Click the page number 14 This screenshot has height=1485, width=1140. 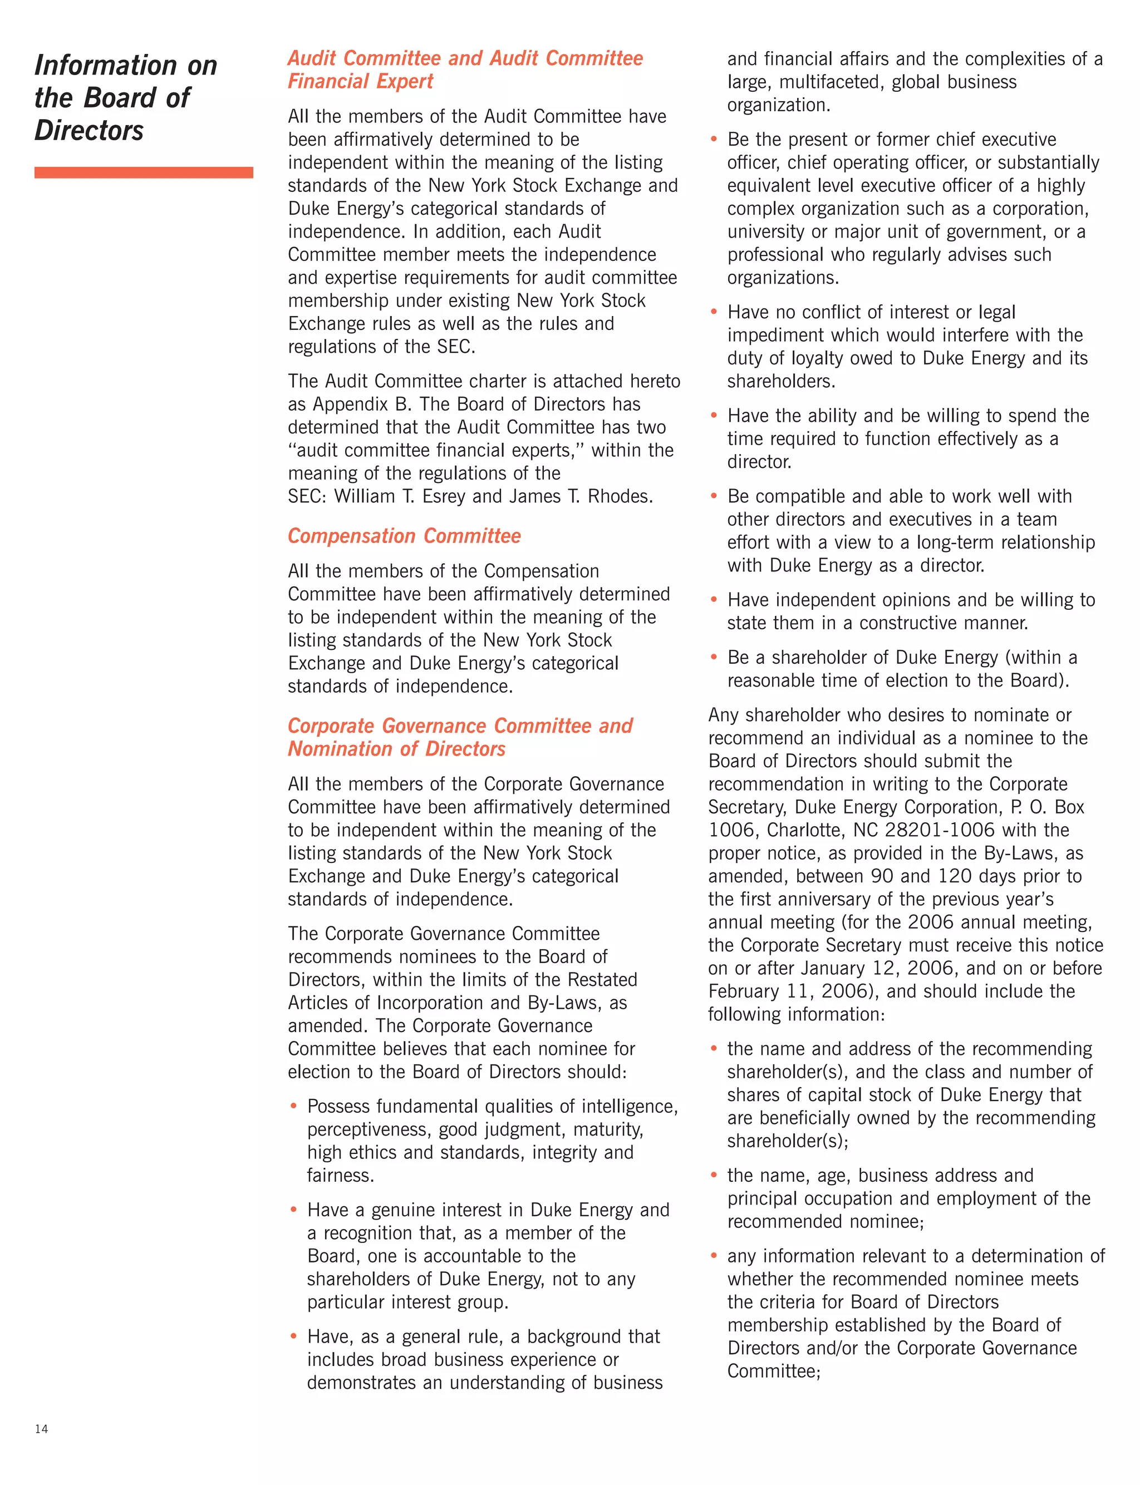pos(41,1429)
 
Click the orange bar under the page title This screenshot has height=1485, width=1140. pos(143,172)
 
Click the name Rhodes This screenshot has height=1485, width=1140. pos(619,496)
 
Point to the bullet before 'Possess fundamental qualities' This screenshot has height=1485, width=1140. pos(293,1106)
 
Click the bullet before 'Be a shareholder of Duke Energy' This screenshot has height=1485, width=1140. pos(713,657)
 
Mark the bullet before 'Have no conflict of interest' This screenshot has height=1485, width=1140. pos(713,312)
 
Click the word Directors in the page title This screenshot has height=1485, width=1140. pos(89,130)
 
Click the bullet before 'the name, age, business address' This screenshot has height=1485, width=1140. pos(713,1175)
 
